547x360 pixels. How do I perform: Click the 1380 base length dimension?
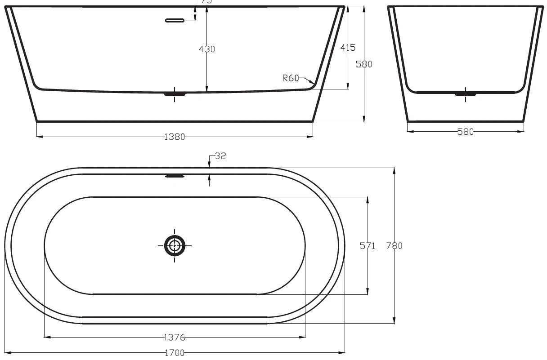175,137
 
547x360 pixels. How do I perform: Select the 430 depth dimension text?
207,49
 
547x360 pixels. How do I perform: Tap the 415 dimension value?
348,47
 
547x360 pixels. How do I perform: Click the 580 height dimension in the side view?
364,64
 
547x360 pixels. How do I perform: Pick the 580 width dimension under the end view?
466,132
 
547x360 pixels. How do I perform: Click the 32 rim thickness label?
220,156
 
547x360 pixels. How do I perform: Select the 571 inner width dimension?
368,246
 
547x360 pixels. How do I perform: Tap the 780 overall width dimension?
395,246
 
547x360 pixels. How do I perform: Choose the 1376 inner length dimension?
175,337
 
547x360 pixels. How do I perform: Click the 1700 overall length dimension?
175,353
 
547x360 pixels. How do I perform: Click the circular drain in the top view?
175,245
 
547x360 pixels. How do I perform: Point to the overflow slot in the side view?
175,20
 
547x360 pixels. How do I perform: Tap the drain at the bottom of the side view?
175,93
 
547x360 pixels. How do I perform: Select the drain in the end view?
465,93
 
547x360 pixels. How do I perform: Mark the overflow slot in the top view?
175,176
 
